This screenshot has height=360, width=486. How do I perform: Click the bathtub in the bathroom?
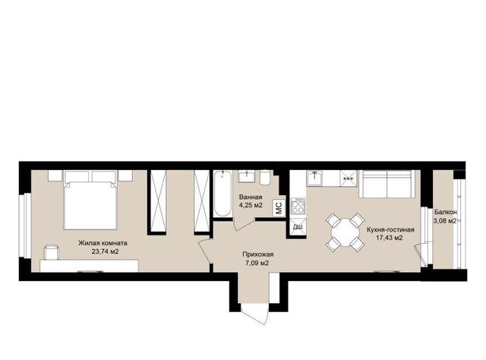point(222,194)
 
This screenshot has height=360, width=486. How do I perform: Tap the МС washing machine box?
point(279,208)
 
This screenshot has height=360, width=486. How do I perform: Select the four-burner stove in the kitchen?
point(298,206)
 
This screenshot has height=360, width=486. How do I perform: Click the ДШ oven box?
point(298,227)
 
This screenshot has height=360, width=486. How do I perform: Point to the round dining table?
point(345,232)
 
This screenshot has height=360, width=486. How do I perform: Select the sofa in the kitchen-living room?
point(387,184)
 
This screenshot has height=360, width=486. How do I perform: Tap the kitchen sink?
point(314,178)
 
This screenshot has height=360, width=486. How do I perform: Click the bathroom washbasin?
point(246,176)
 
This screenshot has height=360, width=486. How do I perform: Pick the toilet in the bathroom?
point(265,178)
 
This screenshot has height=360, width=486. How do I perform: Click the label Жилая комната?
point(103,243)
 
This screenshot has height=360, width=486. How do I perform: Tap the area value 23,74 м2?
point(105,252)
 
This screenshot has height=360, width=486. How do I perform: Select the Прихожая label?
point(258,254)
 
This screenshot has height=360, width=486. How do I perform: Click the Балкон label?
point(446,213)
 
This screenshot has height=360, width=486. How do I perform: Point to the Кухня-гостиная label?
point(390,230)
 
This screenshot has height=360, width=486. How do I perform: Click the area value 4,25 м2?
point(251,205)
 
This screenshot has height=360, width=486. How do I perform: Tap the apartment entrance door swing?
point(254,314)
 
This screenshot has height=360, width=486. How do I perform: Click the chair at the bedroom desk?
point(52,252)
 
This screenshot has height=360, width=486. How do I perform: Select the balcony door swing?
point(420,254)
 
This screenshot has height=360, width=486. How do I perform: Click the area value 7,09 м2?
point(256,264)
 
